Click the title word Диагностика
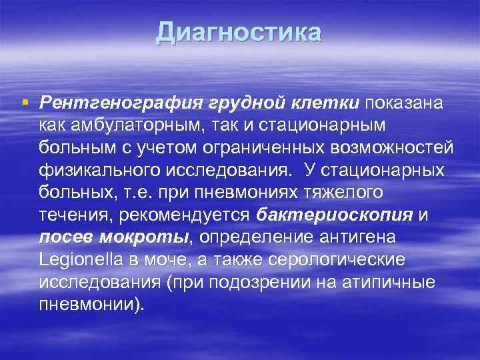point(239,33)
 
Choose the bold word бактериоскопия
point(335,215)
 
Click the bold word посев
point(65,237)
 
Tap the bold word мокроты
point(143,237)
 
